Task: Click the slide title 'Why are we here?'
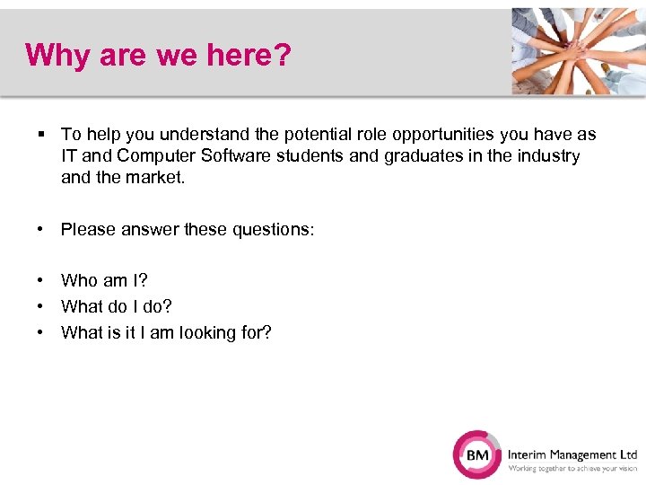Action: coord(159,55)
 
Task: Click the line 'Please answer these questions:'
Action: coord(188,230)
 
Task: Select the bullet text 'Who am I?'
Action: coord(104,281)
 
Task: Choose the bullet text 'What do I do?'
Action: coord(117,307)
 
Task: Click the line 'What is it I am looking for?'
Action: coord(166,333)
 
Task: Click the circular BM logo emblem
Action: coord(477,455)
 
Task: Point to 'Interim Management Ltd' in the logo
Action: coord(572,454)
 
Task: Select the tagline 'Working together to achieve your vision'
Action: coord(572,469)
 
